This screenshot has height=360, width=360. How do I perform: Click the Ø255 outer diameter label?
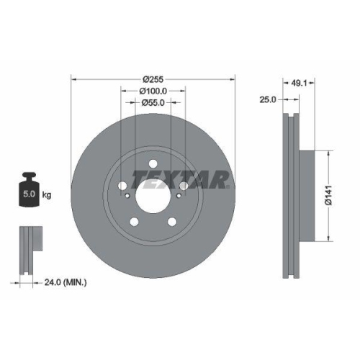152,78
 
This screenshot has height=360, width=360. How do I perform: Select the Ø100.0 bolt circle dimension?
152,91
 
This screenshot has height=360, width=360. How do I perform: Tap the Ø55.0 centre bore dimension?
152,103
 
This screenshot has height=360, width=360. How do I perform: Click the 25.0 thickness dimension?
268,99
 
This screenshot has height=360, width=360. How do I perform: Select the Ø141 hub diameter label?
328,196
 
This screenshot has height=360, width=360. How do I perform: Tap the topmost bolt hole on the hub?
152,163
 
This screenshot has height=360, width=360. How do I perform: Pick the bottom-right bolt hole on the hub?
171,220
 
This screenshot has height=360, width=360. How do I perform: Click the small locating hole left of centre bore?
127,193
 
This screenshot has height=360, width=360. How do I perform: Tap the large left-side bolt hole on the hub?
122,184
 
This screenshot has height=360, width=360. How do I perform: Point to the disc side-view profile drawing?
291,196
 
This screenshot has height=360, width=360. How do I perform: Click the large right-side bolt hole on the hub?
182,186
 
